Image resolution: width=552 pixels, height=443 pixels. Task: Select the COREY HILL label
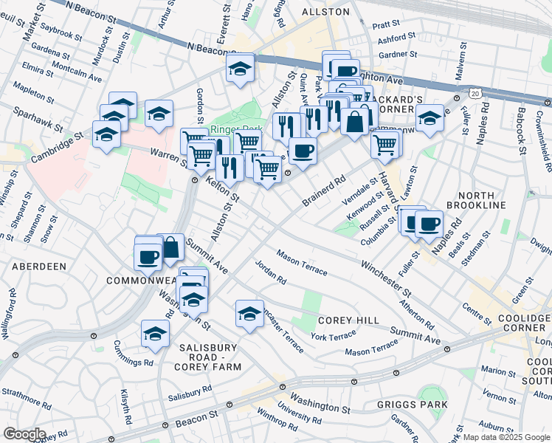tap(348, 320)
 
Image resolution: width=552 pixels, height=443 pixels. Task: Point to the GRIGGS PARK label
tap(418, 405)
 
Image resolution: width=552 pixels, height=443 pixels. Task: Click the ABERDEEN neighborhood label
tap(38, 266)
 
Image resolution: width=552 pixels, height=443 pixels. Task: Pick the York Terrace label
tap(333, 336)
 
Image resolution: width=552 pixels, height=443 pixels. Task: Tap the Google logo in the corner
tap(24, 434)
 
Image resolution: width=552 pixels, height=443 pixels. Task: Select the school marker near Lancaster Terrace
tap(250, 313)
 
